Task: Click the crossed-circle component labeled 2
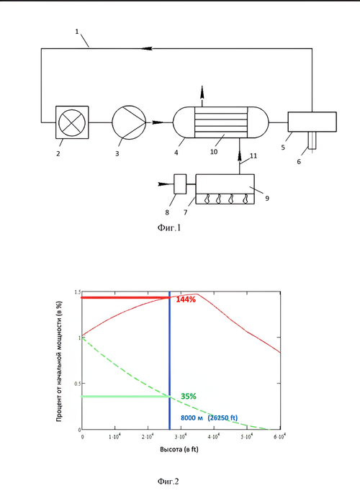click(72, 122)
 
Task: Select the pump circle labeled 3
click(129, 122)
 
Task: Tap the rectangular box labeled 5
click(312, 122)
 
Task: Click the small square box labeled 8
click(180, 184)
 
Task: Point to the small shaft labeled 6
click(312, 140)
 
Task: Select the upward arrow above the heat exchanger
click(202, 93)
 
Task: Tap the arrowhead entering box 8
click(165, 184)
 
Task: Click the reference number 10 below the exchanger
click(214, 152)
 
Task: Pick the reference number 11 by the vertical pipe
click(253, 156)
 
